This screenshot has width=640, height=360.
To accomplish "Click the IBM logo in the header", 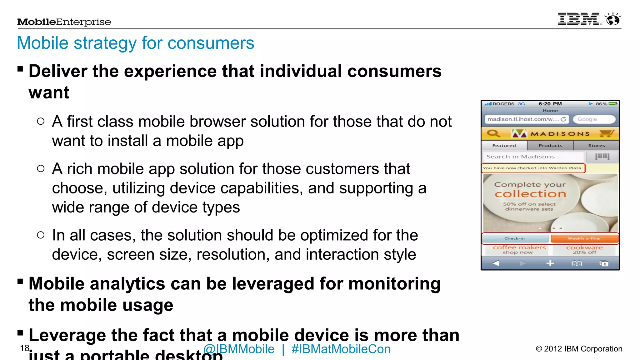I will point(579,19).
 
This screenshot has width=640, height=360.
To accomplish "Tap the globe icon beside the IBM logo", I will point(613,19).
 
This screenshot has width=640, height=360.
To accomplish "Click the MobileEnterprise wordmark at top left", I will point(64,22).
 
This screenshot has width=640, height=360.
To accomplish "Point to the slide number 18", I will point(24,348).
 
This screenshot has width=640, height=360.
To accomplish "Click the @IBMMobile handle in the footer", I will point(239,349).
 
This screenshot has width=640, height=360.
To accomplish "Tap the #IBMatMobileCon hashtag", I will point(341,349).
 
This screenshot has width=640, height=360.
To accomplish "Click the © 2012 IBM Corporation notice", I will point(579,349).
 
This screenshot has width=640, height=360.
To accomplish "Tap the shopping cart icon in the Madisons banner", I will point(607,134).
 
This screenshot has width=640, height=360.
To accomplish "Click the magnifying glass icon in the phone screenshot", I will point(493,134).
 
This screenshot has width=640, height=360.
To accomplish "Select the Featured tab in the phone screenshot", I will point(504,146).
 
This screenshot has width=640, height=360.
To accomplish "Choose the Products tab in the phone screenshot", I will point(550,146).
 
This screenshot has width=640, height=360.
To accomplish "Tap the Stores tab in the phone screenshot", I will point(596,146).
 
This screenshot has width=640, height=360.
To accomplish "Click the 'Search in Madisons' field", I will point(533,157).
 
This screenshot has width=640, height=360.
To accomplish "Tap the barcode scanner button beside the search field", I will point(602,157).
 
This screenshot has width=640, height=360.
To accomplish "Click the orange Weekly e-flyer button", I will point(584,238).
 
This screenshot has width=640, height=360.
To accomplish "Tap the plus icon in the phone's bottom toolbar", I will point(550,263).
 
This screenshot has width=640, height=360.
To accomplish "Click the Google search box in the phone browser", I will point(594,119).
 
